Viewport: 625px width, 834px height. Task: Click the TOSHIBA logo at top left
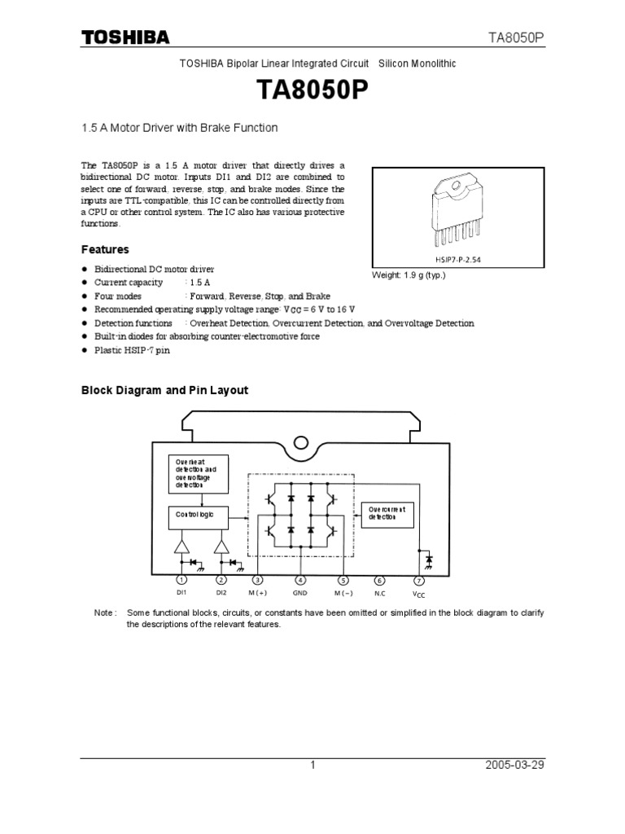point(125,37)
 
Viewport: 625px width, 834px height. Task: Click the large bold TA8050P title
point(312,90)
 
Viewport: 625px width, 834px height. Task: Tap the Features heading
point(105,249)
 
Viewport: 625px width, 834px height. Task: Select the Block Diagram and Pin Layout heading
point(164,390)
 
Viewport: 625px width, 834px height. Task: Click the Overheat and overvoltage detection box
point(199,474)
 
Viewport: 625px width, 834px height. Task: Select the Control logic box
point(199,516)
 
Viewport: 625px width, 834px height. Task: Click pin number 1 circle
point(181,580)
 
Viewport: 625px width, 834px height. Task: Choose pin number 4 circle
point(300,580)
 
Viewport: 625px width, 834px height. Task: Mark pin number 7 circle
point(419,580)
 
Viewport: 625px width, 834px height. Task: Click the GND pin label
point(300,593)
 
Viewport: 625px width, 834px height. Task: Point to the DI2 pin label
point(221,593)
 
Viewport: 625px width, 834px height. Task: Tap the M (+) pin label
point(258,593)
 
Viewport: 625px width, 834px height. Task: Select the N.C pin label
point(379,593)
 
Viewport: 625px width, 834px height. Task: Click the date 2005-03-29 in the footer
point(514,765)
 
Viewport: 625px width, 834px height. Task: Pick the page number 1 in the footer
point(312,765)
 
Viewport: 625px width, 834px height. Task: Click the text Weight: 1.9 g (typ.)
point(409,275)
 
